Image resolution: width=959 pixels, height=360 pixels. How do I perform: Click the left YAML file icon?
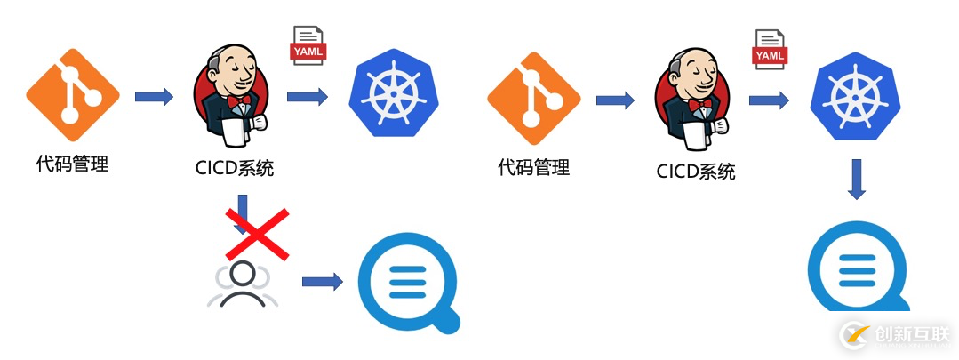pos(308,46)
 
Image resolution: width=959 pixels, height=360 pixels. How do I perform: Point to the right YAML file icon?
pos(771,50)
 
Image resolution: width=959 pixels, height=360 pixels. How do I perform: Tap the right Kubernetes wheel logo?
pos(854,98)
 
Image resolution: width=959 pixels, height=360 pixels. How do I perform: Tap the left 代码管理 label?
pos(72,164)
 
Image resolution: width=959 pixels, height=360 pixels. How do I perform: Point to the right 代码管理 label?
pos(534,166)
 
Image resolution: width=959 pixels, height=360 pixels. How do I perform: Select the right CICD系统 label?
pos(696,171)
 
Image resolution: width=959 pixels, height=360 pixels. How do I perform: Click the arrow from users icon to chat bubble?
pos(322,282)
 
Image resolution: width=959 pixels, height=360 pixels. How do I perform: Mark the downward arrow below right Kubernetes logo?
pos(855,179)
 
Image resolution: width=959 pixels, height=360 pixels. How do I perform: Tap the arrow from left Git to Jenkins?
pos(154,96)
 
